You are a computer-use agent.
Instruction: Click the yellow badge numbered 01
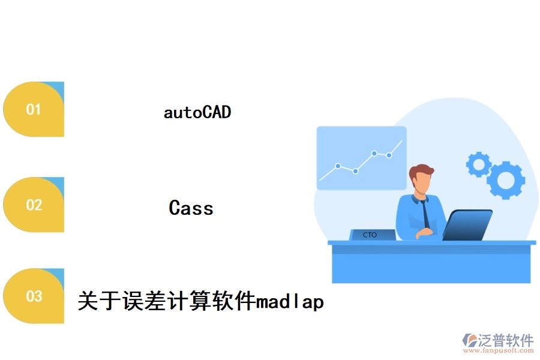pyautogui.click(x=34, y=109)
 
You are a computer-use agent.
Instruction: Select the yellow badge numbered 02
pyautogui.click(x=34, y=205)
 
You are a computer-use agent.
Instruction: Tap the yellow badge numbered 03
pyautogui.click(x=34, y=296)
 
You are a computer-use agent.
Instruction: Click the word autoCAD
pyautogui.click(x=197, y=112)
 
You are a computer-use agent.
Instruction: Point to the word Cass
pyautogui.click(x=191, y=208)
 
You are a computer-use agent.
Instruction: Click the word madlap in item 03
pyautogui.click(x=290, y=302)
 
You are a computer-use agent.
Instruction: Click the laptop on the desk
pyautogui.click(x=467, y=225)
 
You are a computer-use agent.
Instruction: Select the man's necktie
pyautogui.click(x=425, y=214)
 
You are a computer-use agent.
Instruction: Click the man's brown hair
pyautogui.click(x=420, y=171)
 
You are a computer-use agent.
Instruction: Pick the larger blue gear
pyautogui.click(x=506, y=180)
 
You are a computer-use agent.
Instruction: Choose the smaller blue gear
pyautogui.click(x=479, y=164)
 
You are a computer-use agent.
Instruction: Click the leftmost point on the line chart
pyautogui.click(x=338, y=166)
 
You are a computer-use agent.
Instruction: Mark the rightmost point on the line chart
pyautogui.click(x=389, y=155)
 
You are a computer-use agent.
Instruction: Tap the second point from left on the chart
pyautogui.click(x=355, y=171)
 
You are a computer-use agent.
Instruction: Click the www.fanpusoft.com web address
pyautogui.click(x=499, y=350)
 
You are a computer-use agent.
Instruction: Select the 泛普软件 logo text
pyautogui.click(x=506, y=340)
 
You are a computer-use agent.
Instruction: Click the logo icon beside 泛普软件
pyautogui.click(x=469, y=340)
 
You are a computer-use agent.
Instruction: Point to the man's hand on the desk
pyautogui.click(x=424, y=233)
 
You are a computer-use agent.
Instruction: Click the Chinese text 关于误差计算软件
pyautogui.click(x=167, y=301)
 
